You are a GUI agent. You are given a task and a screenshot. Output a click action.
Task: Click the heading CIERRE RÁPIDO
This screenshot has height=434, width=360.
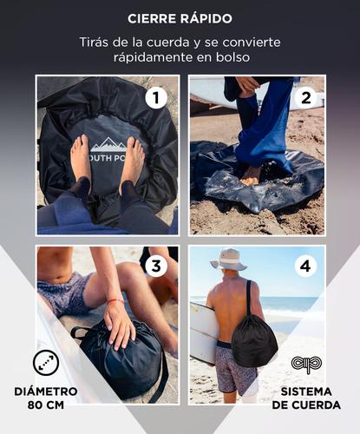pos(180,18)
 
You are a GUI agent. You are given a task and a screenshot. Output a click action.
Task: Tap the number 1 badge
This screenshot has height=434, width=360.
pos(156,97)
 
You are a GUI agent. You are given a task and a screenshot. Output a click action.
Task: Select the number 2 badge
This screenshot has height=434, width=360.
pos(304,97)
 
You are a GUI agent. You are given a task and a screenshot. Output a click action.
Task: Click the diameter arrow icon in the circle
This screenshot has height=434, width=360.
pos(45,363)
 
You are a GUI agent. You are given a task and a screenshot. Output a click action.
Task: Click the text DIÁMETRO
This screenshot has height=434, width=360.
pos(45,391)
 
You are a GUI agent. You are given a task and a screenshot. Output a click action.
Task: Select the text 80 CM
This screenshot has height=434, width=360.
pos(45,405)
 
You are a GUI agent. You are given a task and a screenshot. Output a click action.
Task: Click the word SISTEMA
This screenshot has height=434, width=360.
pos(305,391)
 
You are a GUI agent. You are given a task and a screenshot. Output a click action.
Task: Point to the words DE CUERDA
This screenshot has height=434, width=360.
pos(305,405)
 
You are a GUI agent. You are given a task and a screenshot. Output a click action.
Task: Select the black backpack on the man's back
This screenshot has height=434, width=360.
pos(253,341)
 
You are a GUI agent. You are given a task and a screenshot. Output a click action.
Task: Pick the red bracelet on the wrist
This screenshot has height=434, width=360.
pos(115,301)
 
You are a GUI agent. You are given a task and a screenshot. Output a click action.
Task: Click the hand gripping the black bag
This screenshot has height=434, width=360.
pos(119,325)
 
